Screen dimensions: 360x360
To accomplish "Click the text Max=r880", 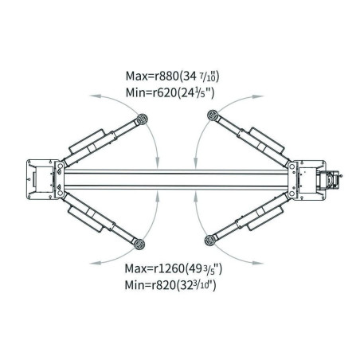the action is (x=151, y=76).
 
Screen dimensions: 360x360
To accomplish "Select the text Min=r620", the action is (x=151, y=92).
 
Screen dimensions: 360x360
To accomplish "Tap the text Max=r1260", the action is (x=155, y=268).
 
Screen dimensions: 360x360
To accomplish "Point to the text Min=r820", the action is (x=151, y=285).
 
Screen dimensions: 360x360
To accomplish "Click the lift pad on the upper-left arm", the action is (x=142, y=119).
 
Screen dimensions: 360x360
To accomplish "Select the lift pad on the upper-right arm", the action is (x=213, y=115).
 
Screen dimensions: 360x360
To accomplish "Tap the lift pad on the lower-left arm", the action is (x=139, y=244).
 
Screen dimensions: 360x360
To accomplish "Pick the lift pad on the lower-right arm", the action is (x=210, y=240).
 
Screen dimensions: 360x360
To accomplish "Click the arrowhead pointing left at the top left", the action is (x=95, y=96).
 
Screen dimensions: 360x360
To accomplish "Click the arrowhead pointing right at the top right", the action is (x=258, y=96).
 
